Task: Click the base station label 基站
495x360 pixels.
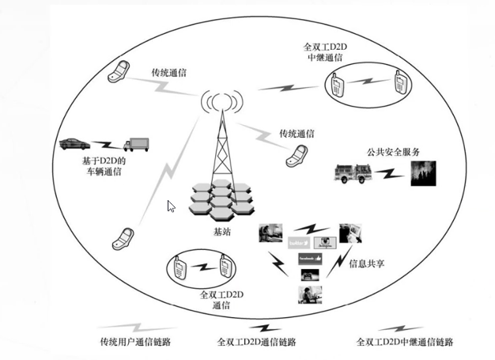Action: (x=224, y=233)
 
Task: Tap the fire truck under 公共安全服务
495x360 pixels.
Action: (x=353, y=172)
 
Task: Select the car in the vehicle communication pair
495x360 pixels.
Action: (x=76, y=145)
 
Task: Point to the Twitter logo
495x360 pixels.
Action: (x=298, y=243)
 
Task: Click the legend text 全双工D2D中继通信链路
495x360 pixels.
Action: (x=406, y=342)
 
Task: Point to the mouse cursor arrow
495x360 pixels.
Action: (x=171, y=207)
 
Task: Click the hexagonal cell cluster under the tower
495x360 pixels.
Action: (x=221, y=200)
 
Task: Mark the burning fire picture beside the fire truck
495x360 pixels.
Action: (x=423, y=172)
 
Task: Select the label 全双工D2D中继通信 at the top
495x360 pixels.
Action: (x=326, y=53)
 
